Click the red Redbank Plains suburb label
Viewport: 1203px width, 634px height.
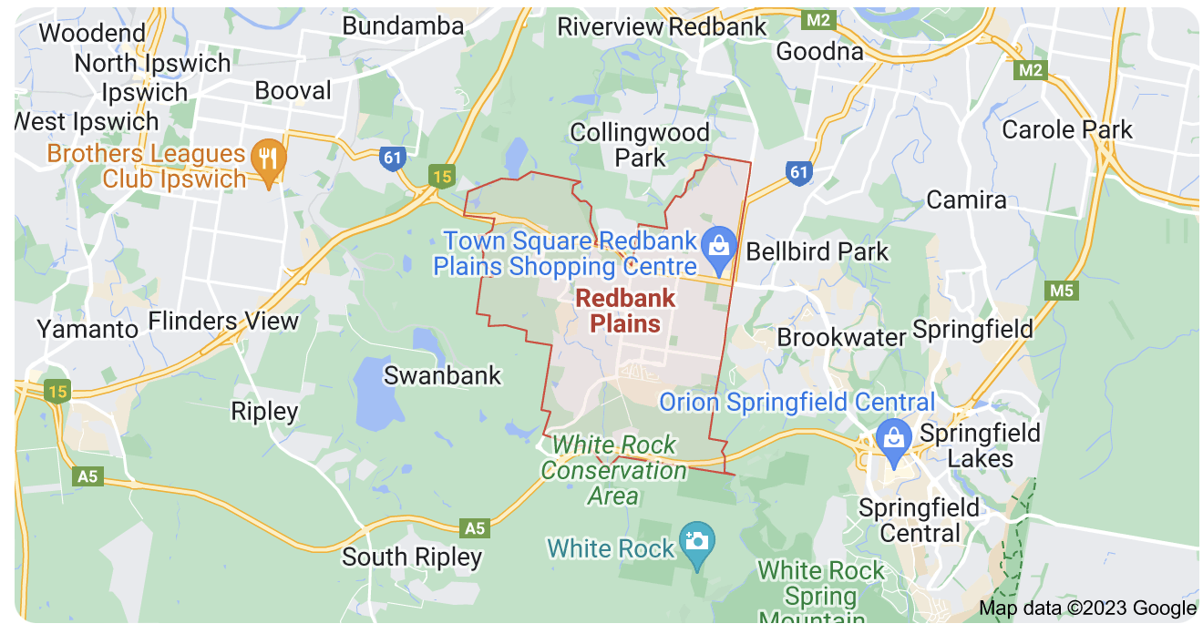tap(625, 310)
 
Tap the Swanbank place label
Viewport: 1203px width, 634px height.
tap(442, 375)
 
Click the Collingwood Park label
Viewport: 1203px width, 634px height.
tap(640, 145)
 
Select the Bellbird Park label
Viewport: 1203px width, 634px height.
tap(817, 251)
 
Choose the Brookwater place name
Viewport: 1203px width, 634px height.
tap(841, 337)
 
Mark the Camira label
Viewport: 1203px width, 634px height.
tap(966, 199)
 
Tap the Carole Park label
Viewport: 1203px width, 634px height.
tap(1066, 129)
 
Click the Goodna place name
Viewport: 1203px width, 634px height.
tap(819, 51)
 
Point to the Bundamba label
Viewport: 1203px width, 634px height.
tap(403, 26)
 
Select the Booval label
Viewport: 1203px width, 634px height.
tap(293, 90)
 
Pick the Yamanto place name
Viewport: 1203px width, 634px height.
tap(87, 328)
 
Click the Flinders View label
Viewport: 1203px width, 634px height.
tap(223, 321)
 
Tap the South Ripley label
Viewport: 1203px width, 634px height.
tap(412, 557)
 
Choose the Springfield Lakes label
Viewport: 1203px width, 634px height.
tap(980, 445)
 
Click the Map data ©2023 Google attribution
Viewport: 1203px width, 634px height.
tap(1087, 608)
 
